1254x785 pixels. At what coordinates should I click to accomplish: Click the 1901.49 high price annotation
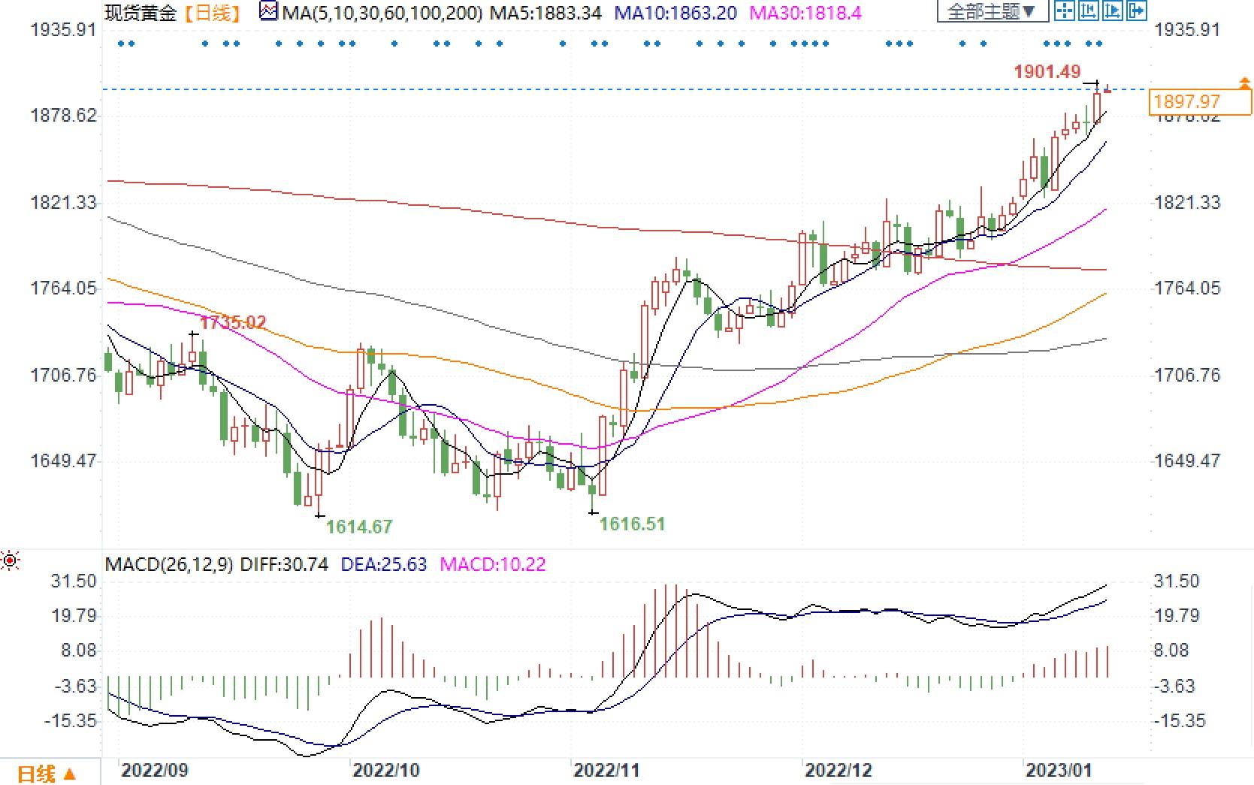click(1047, 72)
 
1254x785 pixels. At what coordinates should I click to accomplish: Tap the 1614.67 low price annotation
click(359, 527)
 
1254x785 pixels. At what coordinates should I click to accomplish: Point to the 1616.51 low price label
click(632, 524)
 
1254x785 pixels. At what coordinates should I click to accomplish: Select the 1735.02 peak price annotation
click(233, 322)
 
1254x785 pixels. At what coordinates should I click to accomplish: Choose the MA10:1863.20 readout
click(675, 13)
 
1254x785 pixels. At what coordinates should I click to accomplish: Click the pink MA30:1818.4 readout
click(806, 13)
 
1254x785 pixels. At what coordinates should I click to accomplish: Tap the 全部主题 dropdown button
click(991, 11)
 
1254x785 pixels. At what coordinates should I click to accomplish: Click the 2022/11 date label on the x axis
click(606, 770)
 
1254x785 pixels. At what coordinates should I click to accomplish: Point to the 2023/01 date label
click(1059, 770)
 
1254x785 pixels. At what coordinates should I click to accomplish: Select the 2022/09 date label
click(155, 770)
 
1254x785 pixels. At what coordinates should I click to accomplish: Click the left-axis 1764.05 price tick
click(63, 288)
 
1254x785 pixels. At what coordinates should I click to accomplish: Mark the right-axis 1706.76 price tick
click(1187, 375)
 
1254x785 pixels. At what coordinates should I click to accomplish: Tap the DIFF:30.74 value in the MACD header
click(284, 564)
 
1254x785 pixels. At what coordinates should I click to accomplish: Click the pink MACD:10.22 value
click(492, 564)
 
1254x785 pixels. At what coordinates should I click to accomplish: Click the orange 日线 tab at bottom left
click(46, 773)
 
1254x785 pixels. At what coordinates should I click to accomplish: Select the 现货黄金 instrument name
click(140, 13)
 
